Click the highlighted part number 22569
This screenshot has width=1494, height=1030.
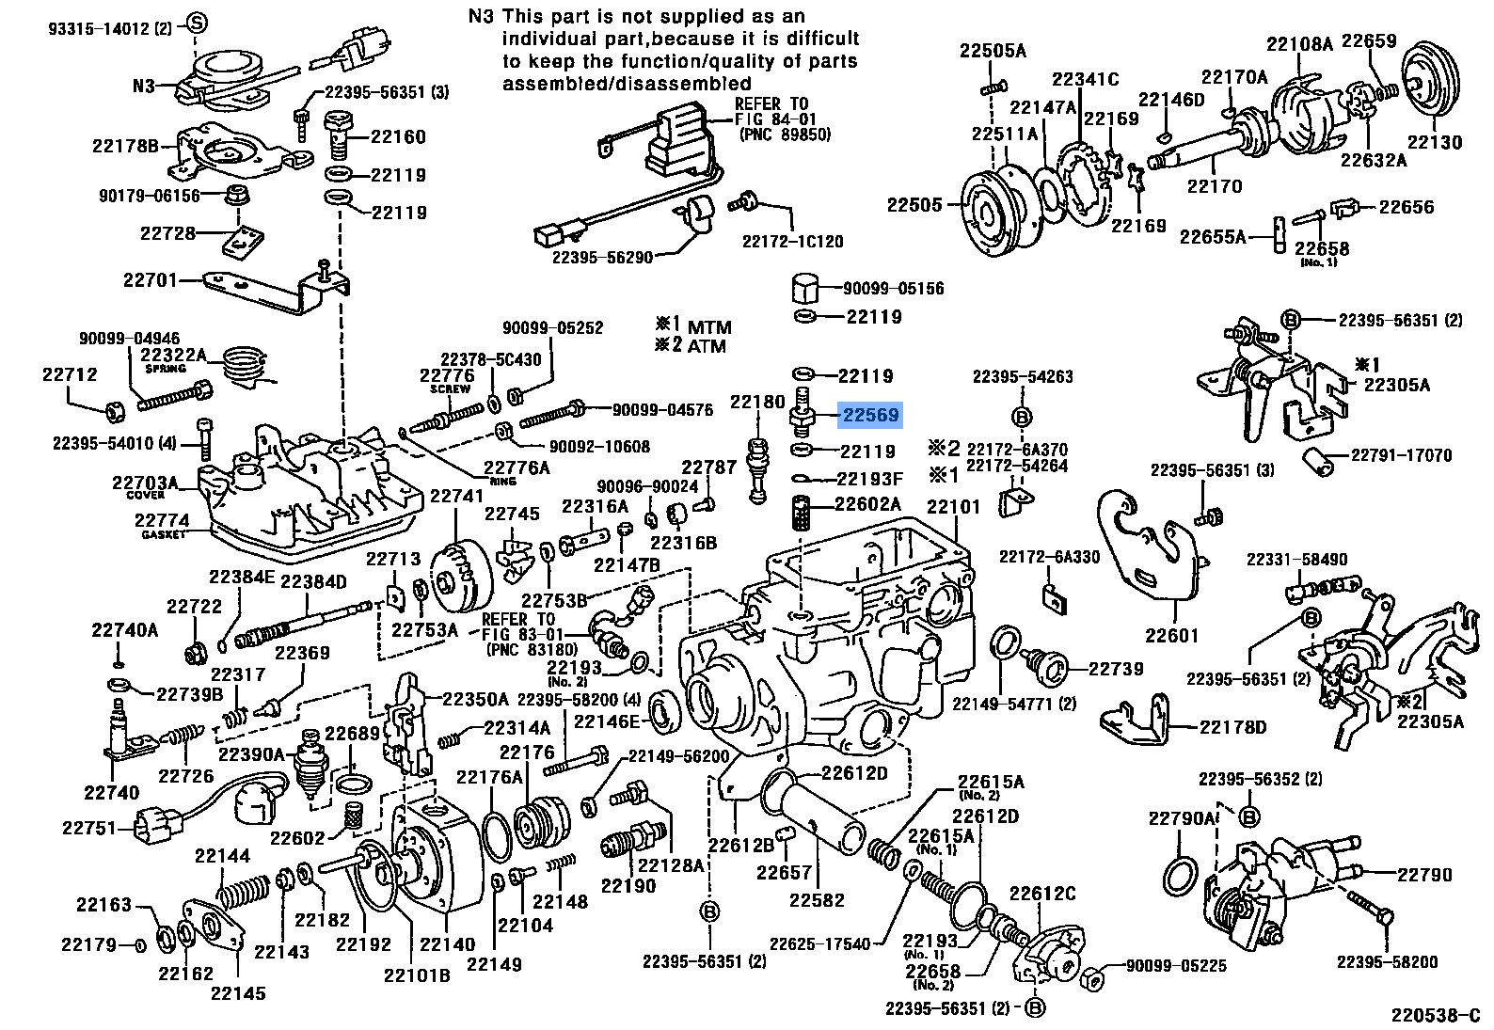(x=870, y=415)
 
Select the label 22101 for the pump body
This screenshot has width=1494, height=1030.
(x=953, y=507)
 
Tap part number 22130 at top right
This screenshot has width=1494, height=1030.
(x=1435, y=143)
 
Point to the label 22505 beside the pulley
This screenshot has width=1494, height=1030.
(x=914, y=205)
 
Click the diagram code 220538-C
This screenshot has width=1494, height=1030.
(x=1437, y=1015)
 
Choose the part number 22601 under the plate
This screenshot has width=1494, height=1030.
(x=1172, y=636)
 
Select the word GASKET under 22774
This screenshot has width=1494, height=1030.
(x=163, y=534)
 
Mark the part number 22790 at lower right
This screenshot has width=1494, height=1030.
(x=1424, y=875)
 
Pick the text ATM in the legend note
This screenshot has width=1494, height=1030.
(x=708, y=345)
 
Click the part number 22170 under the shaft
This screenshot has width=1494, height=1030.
(x=1215, y=187)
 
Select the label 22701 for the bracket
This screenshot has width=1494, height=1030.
(x=151, y=279)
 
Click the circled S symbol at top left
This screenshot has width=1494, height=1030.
(x=196, y=23)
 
